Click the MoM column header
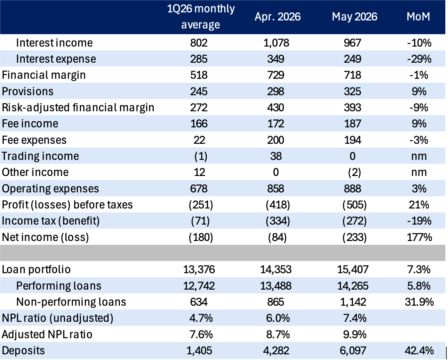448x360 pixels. pos(419,17)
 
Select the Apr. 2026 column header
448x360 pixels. pos(278,17)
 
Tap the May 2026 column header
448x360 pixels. pos(354,17)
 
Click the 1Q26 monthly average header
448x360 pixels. pos(201,17)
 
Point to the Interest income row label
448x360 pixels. pos(54,43)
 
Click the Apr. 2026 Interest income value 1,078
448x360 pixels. pos(276,43)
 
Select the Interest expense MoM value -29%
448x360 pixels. pos(419,59)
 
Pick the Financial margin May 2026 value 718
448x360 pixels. pos(352,75)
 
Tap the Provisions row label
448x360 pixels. pos(27,92)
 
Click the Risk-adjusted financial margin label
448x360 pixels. pos(78,108)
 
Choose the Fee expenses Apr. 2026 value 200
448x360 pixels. pos(276,140)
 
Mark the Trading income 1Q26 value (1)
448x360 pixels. pos(201,156)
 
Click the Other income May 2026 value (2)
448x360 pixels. pos(354,172)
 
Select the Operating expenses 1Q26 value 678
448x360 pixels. pos(199,189)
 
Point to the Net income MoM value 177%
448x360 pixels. pos(419,237)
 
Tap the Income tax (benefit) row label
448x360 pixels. pos(51,221)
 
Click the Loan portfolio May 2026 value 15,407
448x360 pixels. pos(353,269)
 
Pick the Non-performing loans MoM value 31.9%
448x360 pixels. pos(419,302)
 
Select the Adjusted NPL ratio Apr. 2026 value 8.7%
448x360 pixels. pos(278,335)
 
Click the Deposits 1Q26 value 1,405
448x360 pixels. pos(199,351)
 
